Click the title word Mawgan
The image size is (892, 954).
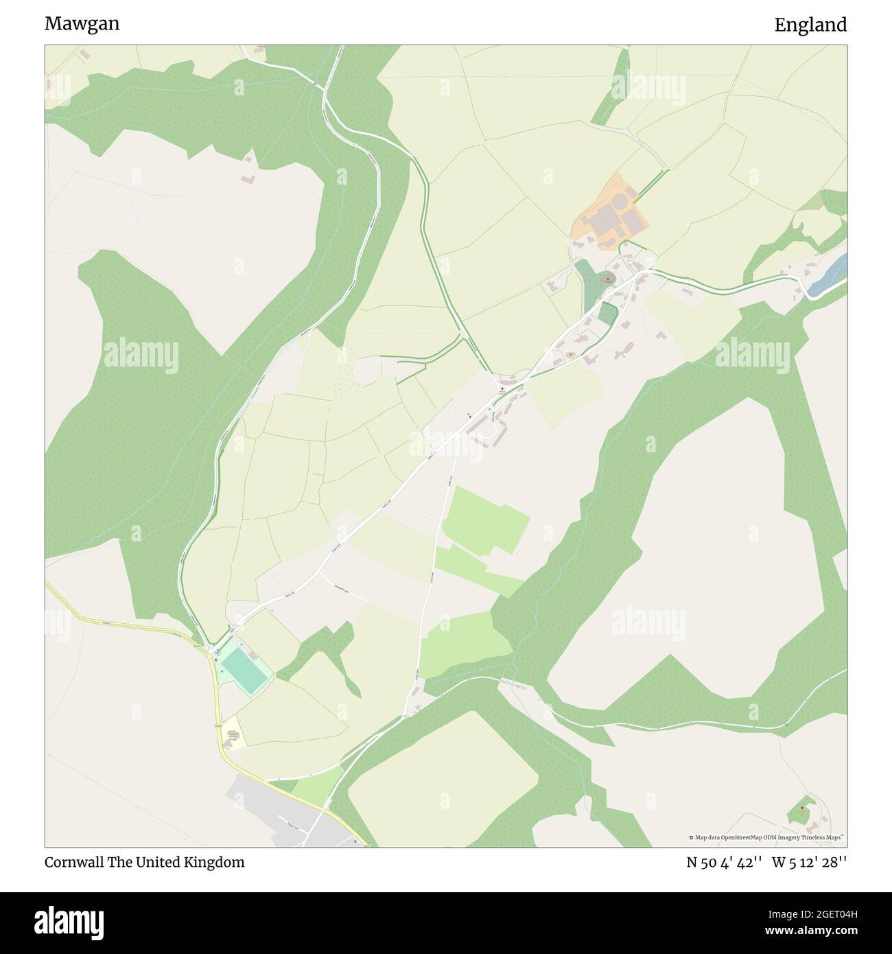82,24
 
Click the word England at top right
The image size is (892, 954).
810,25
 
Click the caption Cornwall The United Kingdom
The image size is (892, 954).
144,862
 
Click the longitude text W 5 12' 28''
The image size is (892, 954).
809,862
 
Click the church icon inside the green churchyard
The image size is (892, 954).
607,279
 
